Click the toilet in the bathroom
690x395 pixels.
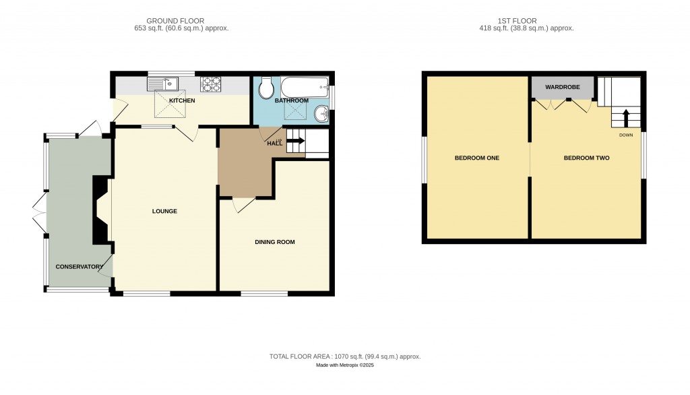tap(266, 87)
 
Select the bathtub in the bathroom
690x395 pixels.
tap(302, 87)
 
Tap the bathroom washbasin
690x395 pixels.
tap(323, 113)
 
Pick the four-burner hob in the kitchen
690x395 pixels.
tap(211, 84)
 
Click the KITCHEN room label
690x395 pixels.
tap(182, 100)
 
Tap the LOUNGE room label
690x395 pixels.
tap(164, 211)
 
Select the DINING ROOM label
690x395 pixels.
tap(274, 242)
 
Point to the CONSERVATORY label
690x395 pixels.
tap(80, 266)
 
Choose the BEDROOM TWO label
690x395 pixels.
tap(586, 158)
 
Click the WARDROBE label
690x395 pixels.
tap(563, 88)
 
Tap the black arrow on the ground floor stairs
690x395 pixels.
tap(296, 141)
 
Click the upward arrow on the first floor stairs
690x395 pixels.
tap(626, 119)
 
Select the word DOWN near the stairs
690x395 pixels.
tap(626, 135)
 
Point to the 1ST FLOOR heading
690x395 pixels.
tap(517, 21)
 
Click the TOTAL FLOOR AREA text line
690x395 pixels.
tap(345, 357)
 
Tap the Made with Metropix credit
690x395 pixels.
tap(345, 365)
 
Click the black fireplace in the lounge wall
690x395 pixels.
tap(99, 209)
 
